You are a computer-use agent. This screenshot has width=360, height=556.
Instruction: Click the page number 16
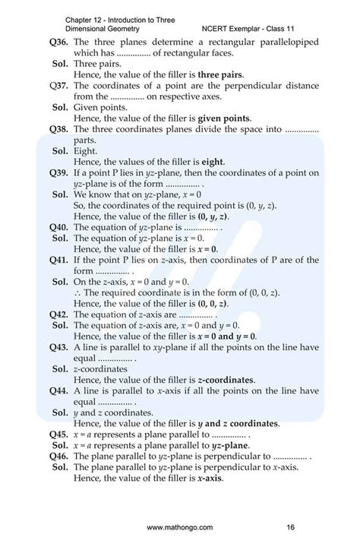pos(290,526)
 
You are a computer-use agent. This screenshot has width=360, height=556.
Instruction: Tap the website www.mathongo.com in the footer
pos(180,526)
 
